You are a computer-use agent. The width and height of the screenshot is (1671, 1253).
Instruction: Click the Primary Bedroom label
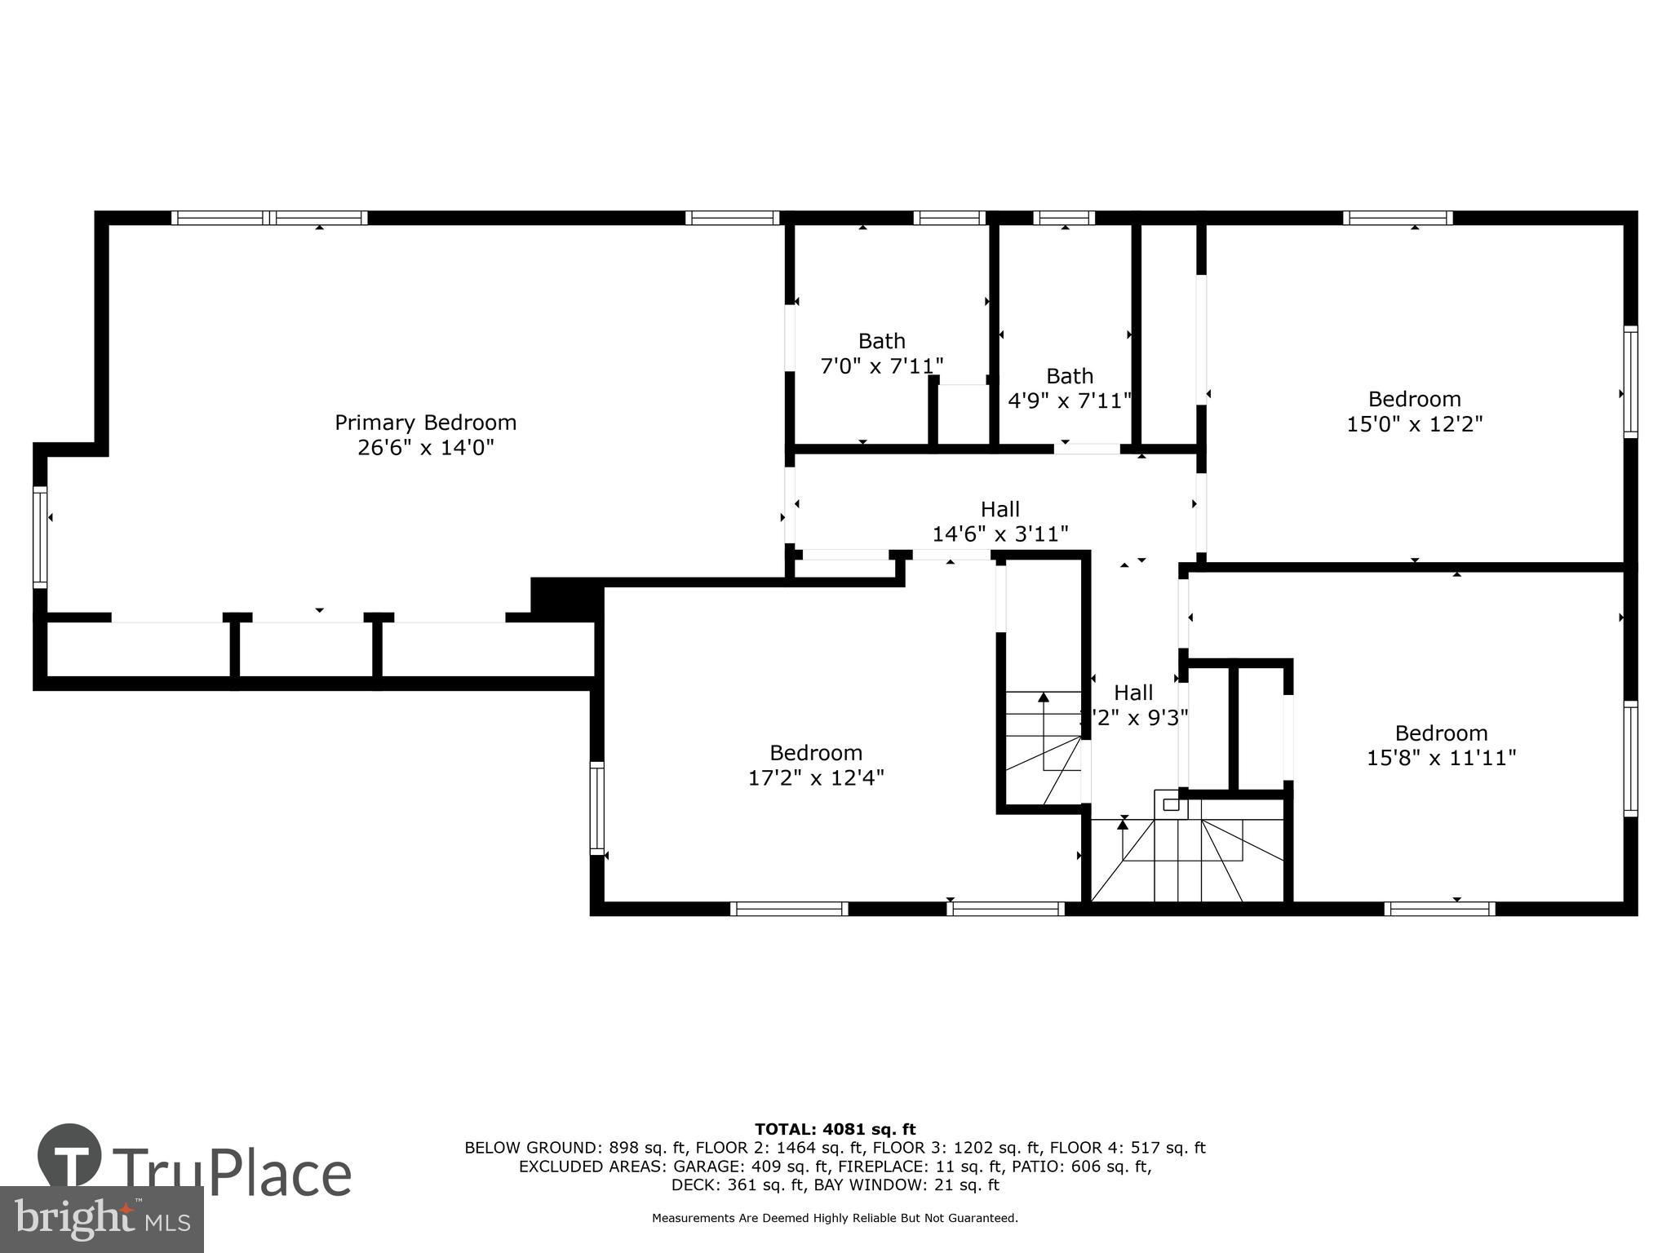pyautogui.click(x=425, y=423)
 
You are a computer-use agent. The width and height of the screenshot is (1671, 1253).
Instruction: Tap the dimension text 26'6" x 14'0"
pyautogui.click(x=425, y=448)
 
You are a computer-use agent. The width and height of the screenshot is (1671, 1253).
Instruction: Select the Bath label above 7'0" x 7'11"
pyautogui.click(x=881, y=340)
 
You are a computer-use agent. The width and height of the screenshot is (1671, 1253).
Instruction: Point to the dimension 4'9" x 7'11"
pyautogui.click(x=1069, y=401)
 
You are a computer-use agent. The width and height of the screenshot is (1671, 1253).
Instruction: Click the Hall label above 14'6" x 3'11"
pyautogui.click(x=999, y=509)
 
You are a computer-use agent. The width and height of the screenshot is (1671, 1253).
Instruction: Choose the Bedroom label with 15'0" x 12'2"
pyautogui.click(x=1414, y=399)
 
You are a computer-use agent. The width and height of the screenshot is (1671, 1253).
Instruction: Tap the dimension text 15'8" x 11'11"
pyautogui.click(x=1441, y=758)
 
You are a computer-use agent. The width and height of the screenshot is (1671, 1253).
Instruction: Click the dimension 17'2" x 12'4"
pyautogui.click(x=816, y=777)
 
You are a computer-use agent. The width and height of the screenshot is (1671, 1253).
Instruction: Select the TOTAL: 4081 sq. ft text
pyautogui.click(x=835, y=1129)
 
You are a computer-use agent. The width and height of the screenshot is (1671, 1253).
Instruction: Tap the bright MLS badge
pyautogui.click(x=101, y=1219)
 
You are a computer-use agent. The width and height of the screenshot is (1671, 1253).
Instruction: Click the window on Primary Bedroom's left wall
pyautogui.click(x=40, y=536)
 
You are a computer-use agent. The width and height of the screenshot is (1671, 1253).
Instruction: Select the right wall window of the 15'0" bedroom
pyautogui.click(x=1629, y=381)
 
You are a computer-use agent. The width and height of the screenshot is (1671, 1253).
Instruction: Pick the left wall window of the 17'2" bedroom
pyautogui.click(x=597, y=808)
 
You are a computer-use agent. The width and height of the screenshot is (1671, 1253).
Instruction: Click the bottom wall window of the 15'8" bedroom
pyautogui.click(x=1440, y=908)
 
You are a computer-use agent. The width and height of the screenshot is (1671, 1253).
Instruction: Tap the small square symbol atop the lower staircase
pyautogui.click(x=1171, y=804)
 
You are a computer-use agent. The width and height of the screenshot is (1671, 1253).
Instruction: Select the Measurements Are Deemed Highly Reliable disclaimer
pyautogui.click(x=835, y=1218)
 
